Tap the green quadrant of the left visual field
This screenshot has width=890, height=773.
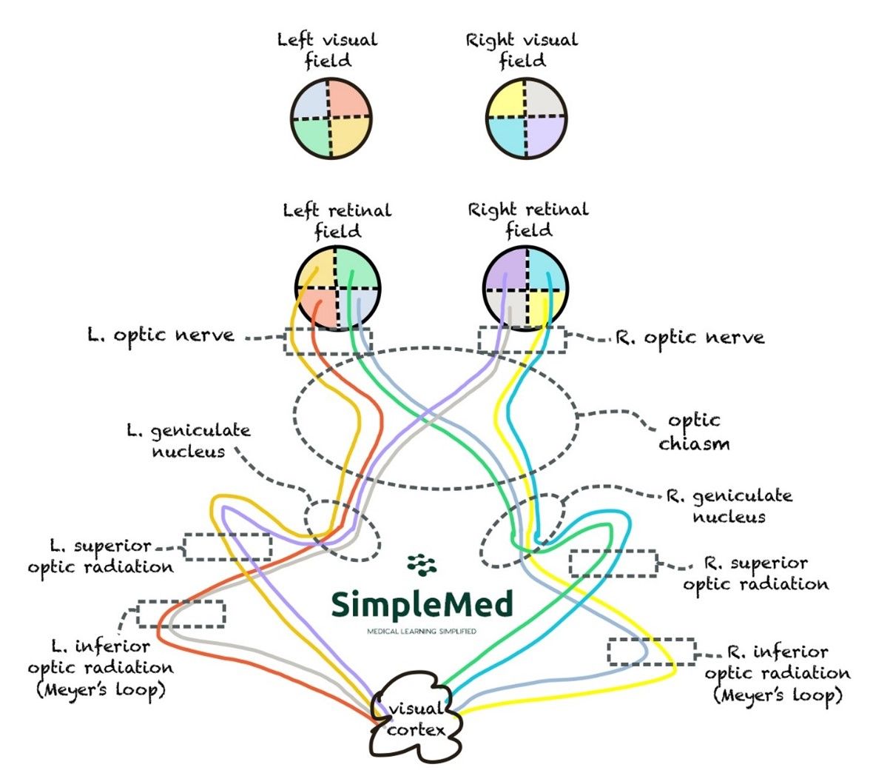coord(311,137)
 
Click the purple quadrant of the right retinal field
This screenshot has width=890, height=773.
coord(507,268)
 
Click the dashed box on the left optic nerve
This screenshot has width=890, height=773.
coord(328,341)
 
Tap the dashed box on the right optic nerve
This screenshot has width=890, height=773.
coord(522,340)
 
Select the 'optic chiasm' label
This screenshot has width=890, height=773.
coord(693,432)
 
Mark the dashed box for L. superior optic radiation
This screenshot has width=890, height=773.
coord(228,546)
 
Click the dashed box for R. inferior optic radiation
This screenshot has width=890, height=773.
coord(652,652)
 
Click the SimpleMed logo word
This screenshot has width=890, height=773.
coord(422,605)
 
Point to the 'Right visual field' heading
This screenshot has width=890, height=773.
coord(522,50)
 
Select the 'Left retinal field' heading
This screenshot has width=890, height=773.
coord(337,221)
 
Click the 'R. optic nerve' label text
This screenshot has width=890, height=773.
coord(690,338)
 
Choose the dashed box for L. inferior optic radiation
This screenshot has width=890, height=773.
coord(181,614)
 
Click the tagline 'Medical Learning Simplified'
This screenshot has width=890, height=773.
coord(422,632)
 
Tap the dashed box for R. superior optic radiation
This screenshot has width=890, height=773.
coord(613,563)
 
